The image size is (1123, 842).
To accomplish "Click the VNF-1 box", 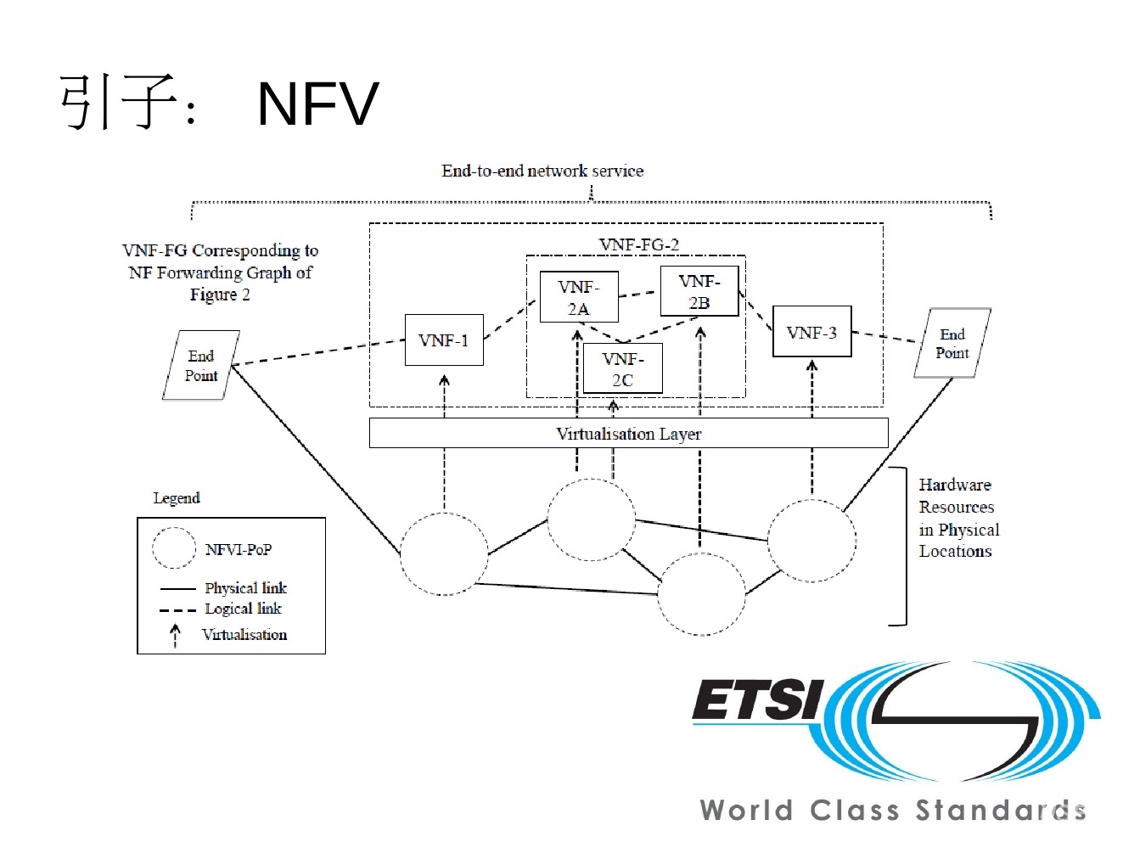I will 444,340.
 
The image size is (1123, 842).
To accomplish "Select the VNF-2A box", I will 579,297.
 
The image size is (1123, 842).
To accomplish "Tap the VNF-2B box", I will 699,291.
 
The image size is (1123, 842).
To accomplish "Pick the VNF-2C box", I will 622,368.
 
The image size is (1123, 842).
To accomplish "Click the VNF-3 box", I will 811,332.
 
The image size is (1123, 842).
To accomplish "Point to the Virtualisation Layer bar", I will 628,434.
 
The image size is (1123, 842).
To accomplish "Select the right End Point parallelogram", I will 952,343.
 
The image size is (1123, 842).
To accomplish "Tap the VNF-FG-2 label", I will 639,244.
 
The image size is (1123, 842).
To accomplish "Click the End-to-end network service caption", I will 542,171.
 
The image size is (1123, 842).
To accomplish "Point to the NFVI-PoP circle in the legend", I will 175,548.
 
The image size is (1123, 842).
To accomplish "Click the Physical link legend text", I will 245,587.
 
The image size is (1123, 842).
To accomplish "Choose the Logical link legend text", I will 243,609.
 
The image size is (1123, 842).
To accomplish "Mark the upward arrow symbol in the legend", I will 176,635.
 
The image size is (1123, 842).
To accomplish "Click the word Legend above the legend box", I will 177,498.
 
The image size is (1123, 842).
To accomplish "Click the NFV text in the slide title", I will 317,104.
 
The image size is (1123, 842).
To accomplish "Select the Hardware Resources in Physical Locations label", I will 958,518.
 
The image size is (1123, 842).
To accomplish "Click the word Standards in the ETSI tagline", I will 1000,810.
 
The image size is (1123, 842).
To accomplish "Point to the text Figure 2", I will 220,295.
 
